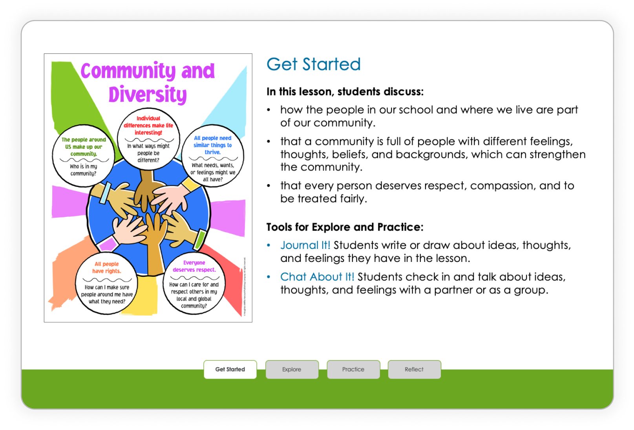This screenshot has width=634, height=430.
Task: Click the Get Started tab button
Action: (x=230, y=370)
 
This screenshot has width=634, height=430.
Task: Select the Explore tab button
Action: (x=292, y=370)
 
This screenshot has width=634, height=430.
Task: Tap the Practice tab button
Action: (x=353, y=370)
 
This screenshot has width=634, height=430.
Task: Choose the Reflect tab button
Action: (x=414, y=370)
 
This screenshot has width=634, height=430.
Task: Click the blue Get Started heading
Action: (x=313, y=64)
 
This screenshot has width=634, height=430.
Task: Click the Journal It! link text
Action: (x=305, y=245)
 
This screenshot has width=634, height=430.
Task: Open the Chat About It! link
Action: (x=317, y=277)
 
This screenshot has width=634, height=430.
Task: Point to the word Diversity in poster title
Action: (x=148, y=95)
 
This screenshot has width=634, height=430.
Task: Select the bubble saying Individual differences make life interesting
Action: (x=148, y=139)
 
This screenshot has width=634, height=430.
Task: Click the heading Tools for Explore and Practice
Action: (x=345, y=227)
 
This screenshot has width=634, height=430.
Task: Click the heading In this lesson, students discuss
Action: (x=345, y=92)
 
